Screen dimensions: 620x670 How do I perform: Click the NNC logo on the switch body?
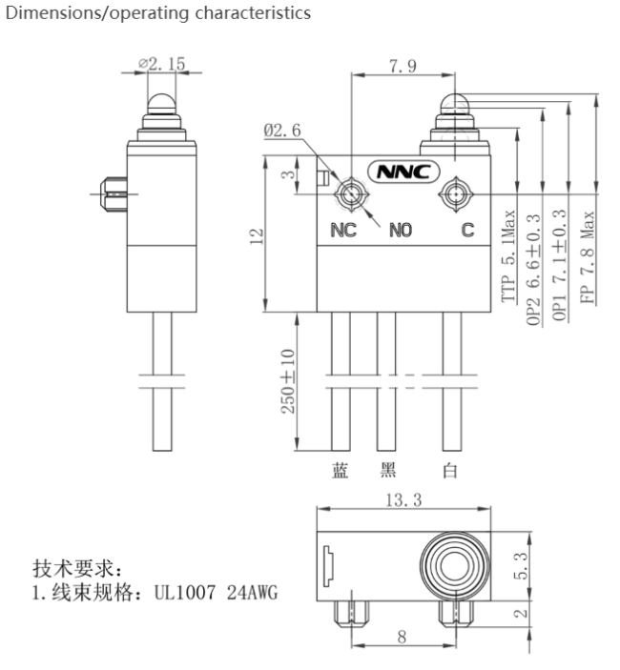pos(403,172)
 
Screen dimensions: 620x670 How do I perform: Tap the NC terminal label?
pos(343,231)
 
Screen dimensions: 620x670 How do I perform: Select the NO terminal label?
pos(401,231)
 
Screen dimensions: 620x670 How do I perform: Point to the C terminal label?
pos(467,230)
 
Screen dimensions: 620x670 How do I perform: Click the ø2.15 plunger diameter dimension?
pos(161,64)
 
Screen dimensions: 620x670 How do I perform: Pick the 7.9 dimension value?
pos(403,66)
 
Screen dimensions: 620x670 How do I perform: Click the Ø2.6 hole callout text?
pos(282,131)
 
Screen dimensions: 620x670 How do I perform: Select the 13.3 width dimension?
pos(403,499)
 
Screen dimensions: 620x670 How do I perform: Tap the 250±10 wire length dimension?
pos(288,381)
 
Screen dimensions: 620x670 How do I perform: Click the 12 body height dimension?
pos(257,236)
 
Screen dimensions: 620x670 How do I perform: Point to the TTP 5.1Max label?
pos(508,256)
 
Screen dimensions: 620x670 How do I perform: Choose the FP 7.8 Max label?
pos(588,257)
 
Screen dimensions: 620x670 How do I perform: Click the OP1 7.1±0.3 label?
pos(560,265)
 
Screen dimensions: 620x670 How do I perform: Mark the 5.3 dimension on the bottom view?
pos(521,566)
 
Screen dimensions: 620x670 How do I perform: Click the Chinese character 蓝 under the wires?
pos(341,471)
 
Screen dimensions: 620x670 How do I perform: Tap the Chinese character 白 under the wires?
pos(450,471)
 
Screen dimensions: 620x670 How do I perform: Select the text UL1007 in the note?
pos(185,593)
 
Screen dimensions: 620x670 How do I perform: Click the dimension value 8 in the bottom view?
pos(402,637)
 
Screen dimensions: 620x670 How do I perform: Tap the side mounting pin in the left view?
pos(114,194)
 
